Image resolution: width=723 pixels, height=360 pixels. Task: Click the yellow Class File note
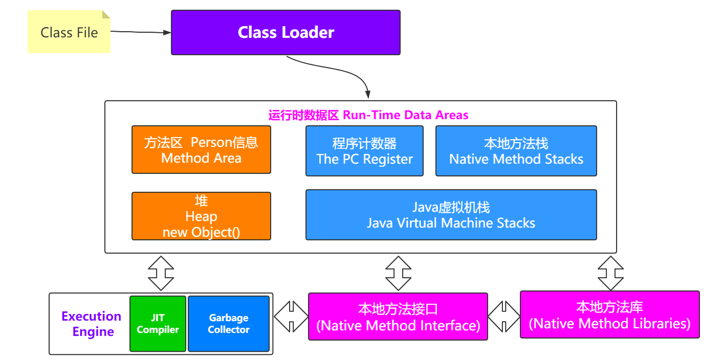[69, 32]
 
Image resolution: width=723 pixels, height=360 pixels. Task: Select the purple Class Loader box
[286, 32]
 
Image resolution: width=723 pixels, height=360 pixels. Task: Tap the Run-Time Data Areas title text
[368, 115]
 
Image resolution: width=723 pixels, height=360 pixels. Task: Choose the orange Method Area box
[201, 150]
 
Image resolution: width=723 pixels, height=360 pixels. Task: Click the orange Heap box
[201, 216]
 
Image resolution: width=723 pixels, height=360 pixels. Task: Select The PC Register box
[364, 151]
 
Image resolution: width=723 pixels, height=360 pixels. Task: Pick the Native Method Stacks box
[516, 151]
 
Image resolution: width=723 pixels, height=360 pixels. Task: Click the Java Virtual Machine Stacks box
[451, 215]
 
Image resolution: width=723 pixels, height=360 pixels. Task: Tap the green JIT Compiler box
[158, 324]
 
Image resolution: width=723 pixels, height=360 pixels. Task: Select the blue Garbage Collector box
[229, 324]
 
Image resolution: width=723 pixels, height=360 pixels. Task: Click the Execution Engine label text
[91, 324]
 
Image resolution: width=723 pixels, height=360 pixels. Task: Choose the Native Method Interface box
[398, 317]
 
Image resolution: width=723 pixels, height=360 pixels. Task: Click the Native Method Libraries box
[609, 314]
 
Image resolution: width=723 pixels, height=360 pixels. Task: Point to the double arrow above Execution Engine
[161, 273]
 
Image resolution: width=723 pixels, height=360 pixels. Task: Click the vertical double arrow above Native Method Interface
[398, 273]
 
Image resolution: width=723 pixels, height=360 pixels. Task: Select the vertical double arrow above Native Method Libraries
[610, 273]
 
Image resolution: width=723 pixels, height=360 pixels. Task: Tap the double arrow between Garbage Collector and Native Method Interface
[291, 317]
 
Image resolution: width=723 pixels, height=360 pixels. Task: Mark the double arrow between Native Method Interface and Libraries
[504, 317]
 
